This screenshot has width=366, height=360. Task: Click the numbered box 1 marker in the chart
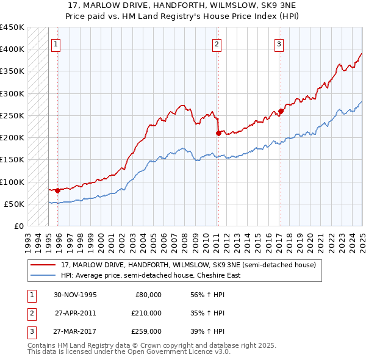pos(56,44)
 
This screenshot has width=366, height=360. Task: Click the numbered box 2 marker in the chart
pos(217,44)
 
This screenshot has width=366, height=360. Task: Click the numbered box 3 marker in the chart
pos(279,44)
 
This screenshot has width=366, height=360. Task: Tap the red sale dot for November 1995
pos(57,190)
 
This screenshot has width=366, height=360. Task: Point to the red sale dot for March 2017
pos(281,111)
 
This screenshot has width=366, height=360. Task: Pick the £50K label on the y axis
pos(14,204)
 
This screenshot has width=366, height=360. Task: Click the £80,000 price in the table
pos(148,295)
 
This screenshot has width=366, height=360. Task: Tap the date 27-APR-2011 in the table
pos(76,313)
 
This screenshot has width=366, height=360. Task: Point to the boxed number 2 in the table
pos(31,313)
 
